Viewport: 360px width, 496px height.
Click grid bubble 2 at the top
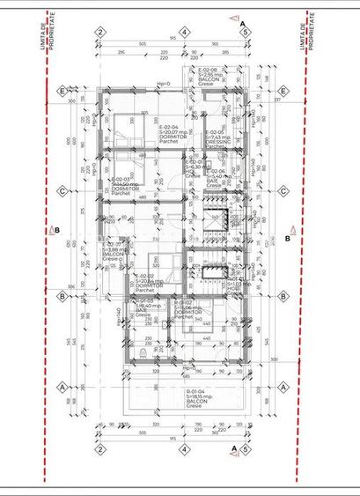[101, 32]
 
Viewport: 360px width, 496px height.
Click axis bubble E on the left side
[62, 91]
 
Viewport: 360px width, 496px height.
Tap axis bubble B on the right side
[284, 297]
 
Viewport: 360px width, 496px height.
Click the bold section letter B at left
[57, 232]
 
